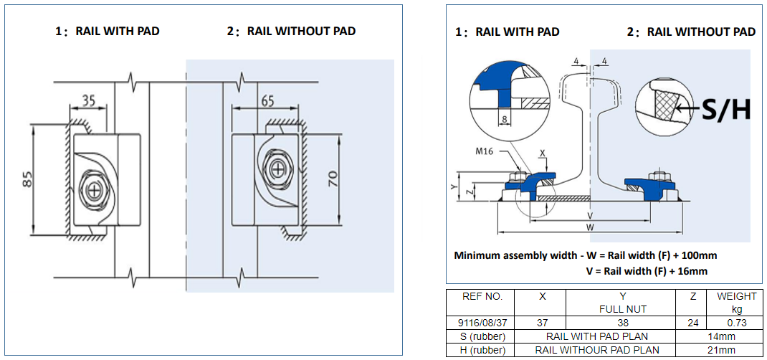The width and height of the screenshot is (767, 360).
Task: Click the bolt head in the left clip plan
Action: [93, 190]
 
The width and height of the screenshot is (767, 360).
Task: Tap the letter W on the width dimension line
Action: [589, 227]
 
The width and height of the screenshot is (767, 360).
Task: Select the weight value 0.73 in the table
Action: [736, 323]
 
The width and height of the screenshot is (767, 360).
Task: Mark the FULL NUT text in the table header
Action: [622, 309]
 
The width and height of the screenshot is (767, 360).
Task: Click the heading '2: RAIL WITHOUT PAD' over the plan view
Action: [291, 31]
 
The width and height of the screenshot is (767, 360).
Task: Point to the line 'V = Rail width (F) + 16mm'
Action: [647, 271]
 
